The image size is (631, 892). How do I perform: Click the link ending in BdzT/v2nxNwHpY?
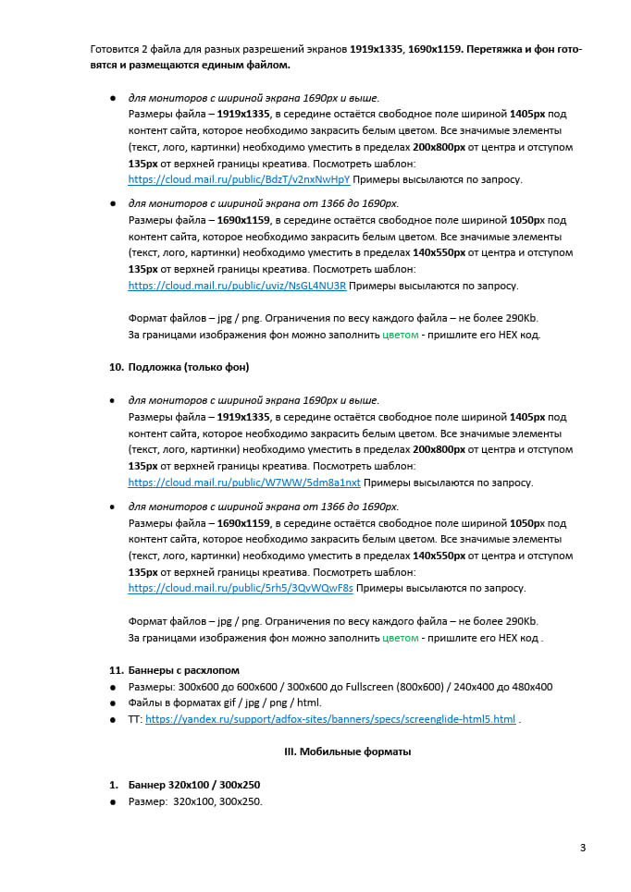239,179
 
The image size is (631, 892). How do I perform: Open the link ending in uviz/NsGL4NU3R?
237,286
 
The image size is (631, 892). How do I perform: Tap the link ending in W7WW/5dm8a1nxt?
244,483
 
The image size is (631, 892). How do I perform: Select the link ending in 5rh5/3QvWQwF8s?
241,588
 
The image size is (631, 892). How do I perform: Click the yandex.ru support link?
330,719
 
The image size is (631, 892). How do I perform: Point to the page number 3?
583,848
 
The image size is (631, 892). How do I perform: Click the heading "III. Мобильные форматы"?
347,751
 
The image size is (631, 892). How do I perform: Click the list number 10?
117,367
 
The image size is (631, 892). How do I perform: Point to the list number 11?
117,670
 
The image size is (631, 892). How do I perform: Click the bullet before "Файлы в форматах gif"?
113,703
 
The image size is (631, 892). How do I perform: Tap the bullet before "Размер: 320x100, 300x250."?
113,801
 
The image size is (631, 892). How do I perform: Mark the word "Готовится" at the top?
114,48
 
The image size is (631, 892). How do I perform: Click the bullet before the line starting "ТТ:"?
113,719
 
